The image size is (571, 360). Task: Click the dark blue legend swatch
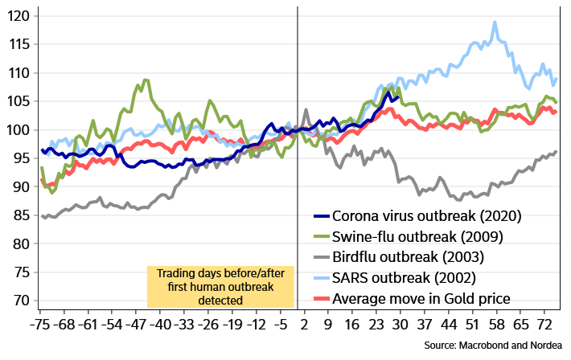322,216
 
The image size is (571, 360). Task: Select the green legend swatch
322,236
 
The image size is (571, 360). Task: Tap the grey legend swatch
322,257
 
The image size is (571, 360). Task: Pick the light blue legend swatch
322,277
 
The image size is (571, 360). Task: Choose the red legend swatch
322,298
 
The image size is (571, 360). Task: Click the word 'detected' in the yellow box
220,300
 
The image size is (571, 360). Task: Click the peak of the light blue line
495,22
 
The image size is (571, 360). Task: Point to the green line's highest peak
145,80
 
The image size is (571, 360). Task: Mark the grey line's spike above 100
306,109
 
